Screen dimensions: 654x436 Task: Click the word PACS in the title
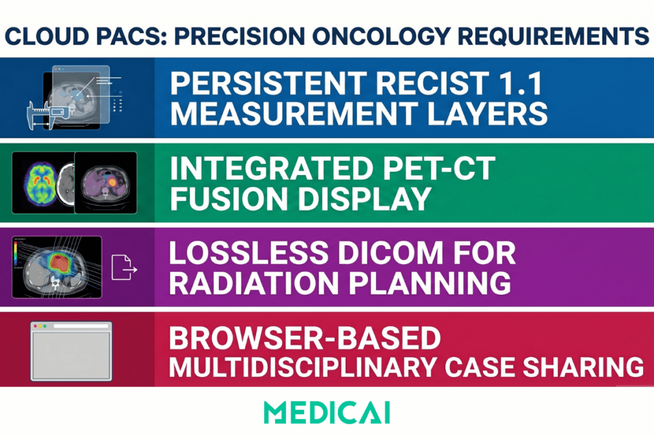(132, 36)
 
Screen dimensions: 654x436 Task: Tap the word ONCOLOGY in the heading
(381, 36)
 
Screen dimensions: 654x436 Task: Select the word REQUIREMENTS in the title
(554, 36)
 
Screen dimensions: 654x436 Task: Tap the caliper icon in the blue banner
(47, 115)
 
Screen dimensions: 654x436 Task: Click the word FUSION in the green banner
(229, 199)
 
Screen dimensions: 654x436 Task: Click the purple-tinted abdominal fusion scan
(105, 183)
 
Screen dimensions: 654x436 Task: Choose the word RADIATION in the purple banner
(254, 283)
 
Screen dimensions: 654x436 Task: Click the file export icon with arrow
(124, 267)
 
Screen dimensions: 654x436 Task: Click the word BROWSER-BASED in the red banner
(305, 338)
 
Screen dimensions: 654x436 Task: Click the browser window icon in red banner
(72, 351)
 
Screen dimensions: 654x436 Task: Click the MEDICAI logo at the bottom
(327, 412)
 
